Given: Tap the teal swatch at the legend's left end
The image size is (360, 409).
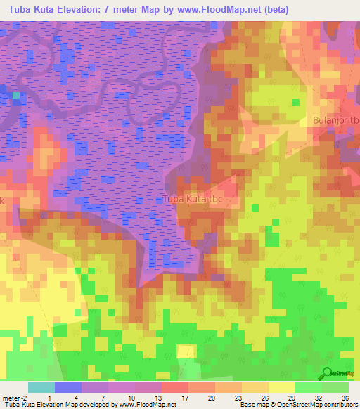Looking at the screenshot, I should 41,388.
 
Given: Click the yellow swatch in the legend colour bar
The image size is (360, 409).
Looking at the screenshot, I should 281,388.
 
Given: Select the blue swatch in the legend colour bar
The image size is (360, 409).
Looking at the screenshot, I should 67,388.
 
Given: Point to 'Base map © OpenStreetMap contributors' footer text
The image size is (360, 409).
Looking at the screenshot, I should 297,405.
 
